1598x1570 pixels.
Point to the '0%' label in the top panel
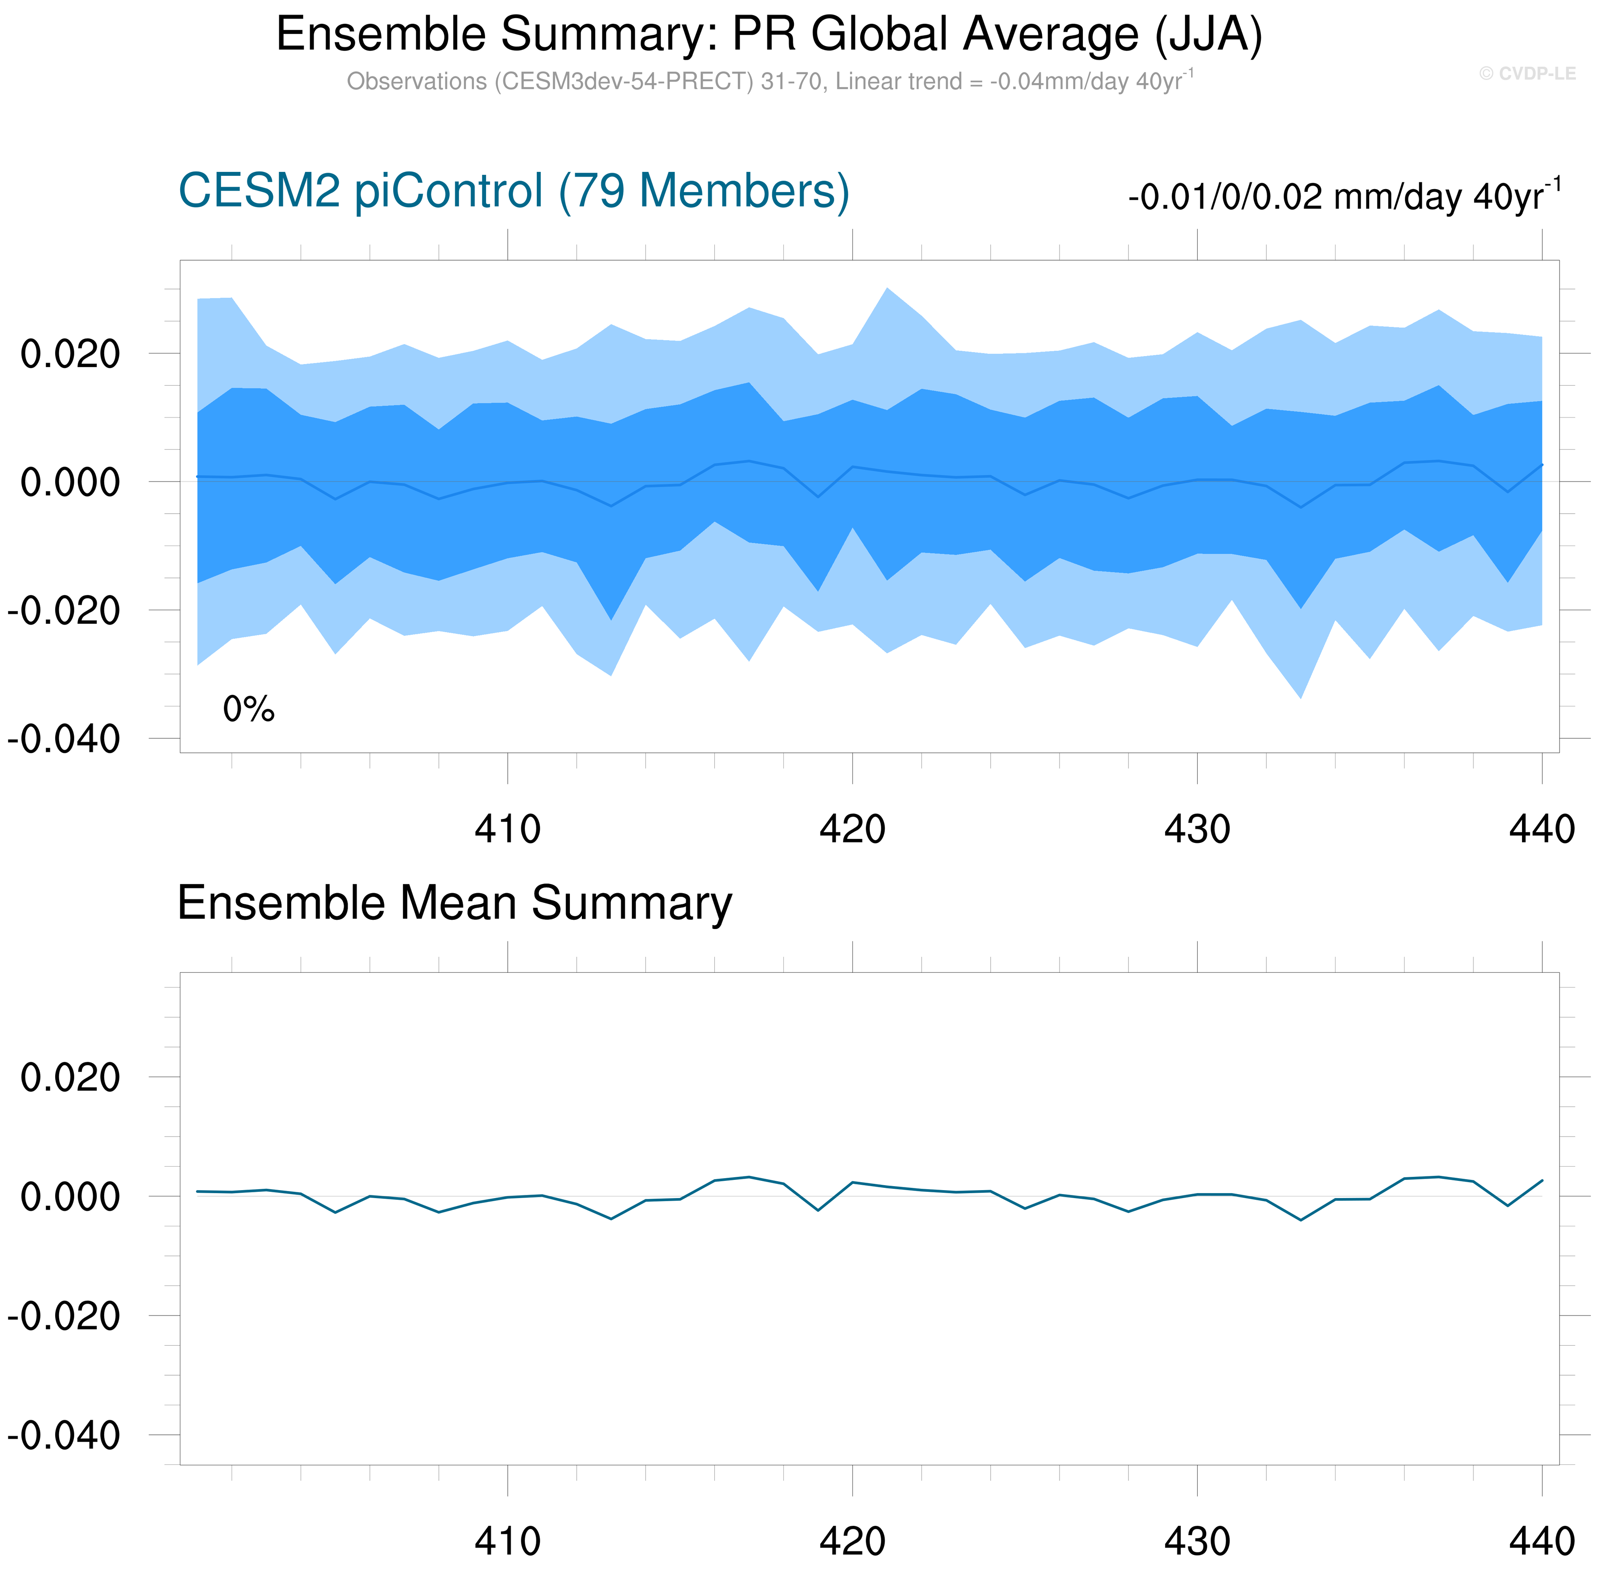(248, 709)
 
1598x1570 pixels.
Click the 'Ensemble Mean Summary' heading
(454, 903)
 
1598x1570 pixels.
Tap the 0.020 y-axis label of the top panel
(70, 355)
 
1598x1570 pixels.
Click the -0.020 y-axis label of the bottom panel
(65, 1316)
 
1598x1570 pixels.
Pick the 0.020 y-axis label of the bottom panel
(70, 1078)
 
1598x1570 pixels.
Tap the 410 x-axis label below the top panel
(507, 829)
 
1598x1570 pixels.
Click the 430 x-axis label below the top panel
(1196, 829)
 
